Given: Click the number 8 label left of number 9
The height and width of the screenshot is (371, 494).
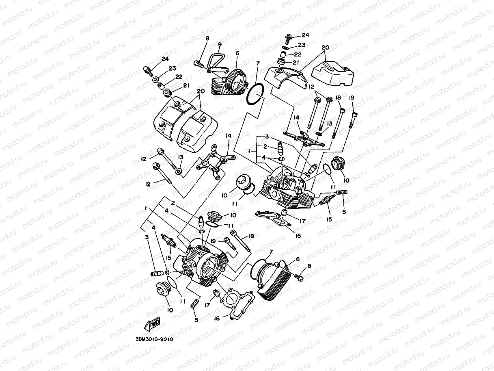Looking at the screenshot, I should pyautogui.click(x=207, y=38).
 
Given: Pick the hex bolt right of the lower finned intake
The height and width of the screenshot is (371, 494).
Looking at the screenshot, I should pyautogui.click(x=299, y=278).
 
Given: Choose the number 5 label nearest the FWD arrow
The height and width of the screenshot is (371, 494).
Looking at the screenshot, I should pyautogui.click(x=196, y=320).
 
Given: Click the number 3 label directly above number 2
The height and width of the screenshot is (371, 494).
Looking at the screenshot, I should pyautogui.click(x=267, y=137).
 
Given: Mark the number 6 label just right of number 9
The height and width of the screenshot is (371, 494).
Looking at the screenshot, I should pyautogui.click(x=237, y=53).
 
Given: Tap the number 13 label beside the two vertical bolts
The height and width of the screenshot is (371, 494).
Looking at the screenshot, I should pyautogui.click(x=330, y=123).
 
